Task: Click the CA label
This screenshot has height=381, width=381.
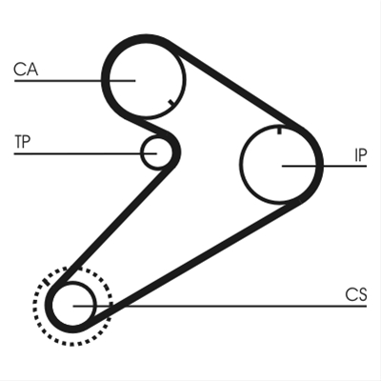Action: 26,70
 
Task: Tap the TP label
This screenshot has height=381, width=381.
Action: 22,142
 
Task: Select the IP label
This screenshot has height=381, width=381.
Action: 360,155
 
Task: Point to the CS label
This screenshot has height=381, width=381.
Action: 356,294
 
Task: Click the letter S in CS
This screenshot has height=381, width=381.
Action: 362,294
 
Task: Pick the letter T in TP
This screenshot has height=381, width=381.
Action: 18,142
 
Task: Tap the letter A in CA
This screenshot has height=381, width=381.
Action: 32,70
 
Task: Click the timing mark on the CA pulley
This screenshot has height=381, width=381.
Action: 171,103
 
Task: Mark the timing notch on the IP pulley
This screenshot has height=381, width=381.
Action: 279,130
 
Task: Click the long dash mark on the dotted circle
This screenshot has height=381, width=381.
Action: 46,282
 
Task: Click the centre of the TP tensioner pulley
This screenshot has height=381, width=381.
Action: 156,152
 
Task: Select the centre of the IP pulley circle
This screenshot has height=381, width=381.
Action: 279,164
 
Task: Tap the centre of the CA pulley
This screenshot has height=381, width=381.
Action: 146,79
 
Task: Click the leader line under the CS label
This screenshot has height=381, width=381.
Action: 220,306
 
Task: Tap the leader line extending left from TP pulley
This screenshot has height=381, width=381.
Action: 86,153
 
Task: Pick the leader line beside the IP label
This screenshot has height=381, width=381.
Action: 324,166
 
